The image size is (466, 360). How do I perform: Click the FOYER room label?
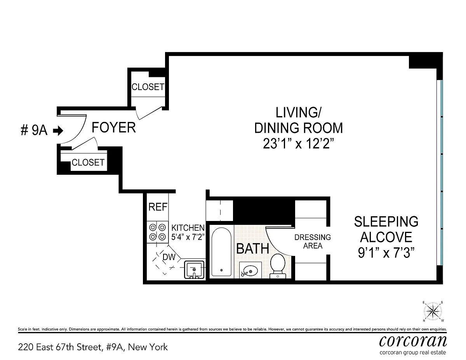tap(114, 128)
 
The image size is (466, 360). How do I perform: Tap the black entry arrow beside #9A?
tap(58, 130)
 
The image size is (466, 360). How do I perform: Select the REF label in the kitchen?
tap(158, 207)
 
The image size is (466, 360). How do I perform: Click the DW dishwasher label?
tap(169, 257)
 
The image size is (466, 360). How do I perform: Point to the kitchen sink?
tap(194, 270)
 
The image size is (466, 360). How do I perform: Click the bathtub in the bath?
tap(221, 252)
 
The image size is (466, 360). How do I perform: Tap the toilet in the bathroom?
tap(278, 266)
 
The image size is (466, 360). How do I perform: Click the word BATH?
tap(253, 249)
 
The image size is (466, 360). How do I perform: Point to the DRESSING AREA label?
tap(313, 242)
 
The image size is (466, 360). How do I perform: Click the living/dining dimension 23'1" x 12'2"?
tap(299, 143)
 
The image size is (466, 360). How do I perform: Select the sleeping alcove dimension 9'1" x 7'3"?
tap(386, 252)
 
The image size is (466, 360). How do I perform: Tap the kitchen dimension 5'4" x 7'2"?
tap(188, 237)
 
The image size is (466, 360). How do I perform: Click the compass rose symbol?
tap(433, 311)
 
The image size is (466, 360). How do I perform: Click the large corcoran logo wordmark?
tap(413, 341)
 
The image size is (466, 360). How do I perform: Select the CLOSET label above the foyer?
tap(148, 87)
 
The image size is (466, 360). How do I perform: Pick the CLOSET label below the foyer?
tap(88, 162)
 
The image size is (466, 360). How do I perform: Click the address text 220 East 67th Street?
tap(60, 347)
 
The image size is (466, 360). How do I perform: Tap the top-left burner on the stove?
tap(153, 227)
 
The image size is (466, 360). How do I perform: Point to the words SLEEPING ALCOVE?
tap(386, 229)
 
